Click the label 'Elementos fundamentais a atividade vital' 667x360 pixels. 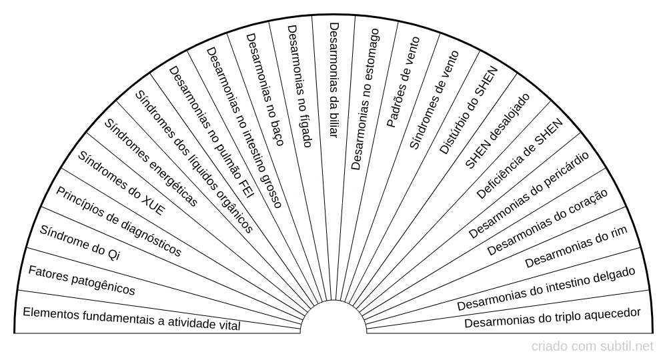point(131,319)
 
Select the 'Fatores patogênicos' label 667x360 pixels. point(81,280)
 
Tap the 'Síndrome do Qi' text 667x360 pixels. point(80,242)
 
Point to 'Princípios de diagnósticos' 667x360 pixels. point(119,222)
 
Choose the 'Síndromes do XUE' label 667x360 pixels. point(121,183)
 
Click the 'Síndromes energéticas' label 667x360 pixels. point(151,163)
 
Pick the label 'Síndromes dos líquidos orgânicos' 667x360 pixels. point(194,161)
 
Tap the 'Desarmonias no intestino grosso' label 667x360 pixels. point(244,127)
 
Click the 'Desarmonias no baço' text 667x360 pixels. point(265,90)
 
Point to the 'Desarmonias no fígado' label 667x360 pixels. point(300,86)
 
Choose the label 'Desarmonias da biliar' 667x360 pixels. point(334,79)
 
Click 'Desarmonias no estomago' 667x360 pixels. point(365,99)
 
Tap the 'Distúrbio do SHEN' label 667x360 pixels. point(468,111)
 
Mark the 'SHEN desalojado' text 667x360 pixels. point(498,131)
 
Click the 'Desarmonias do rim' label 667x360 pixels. point(576,247)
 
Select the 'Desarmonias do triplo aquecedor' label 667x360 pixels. point(552,318)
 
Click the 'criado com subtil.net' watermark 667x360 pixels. point(592,347)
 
